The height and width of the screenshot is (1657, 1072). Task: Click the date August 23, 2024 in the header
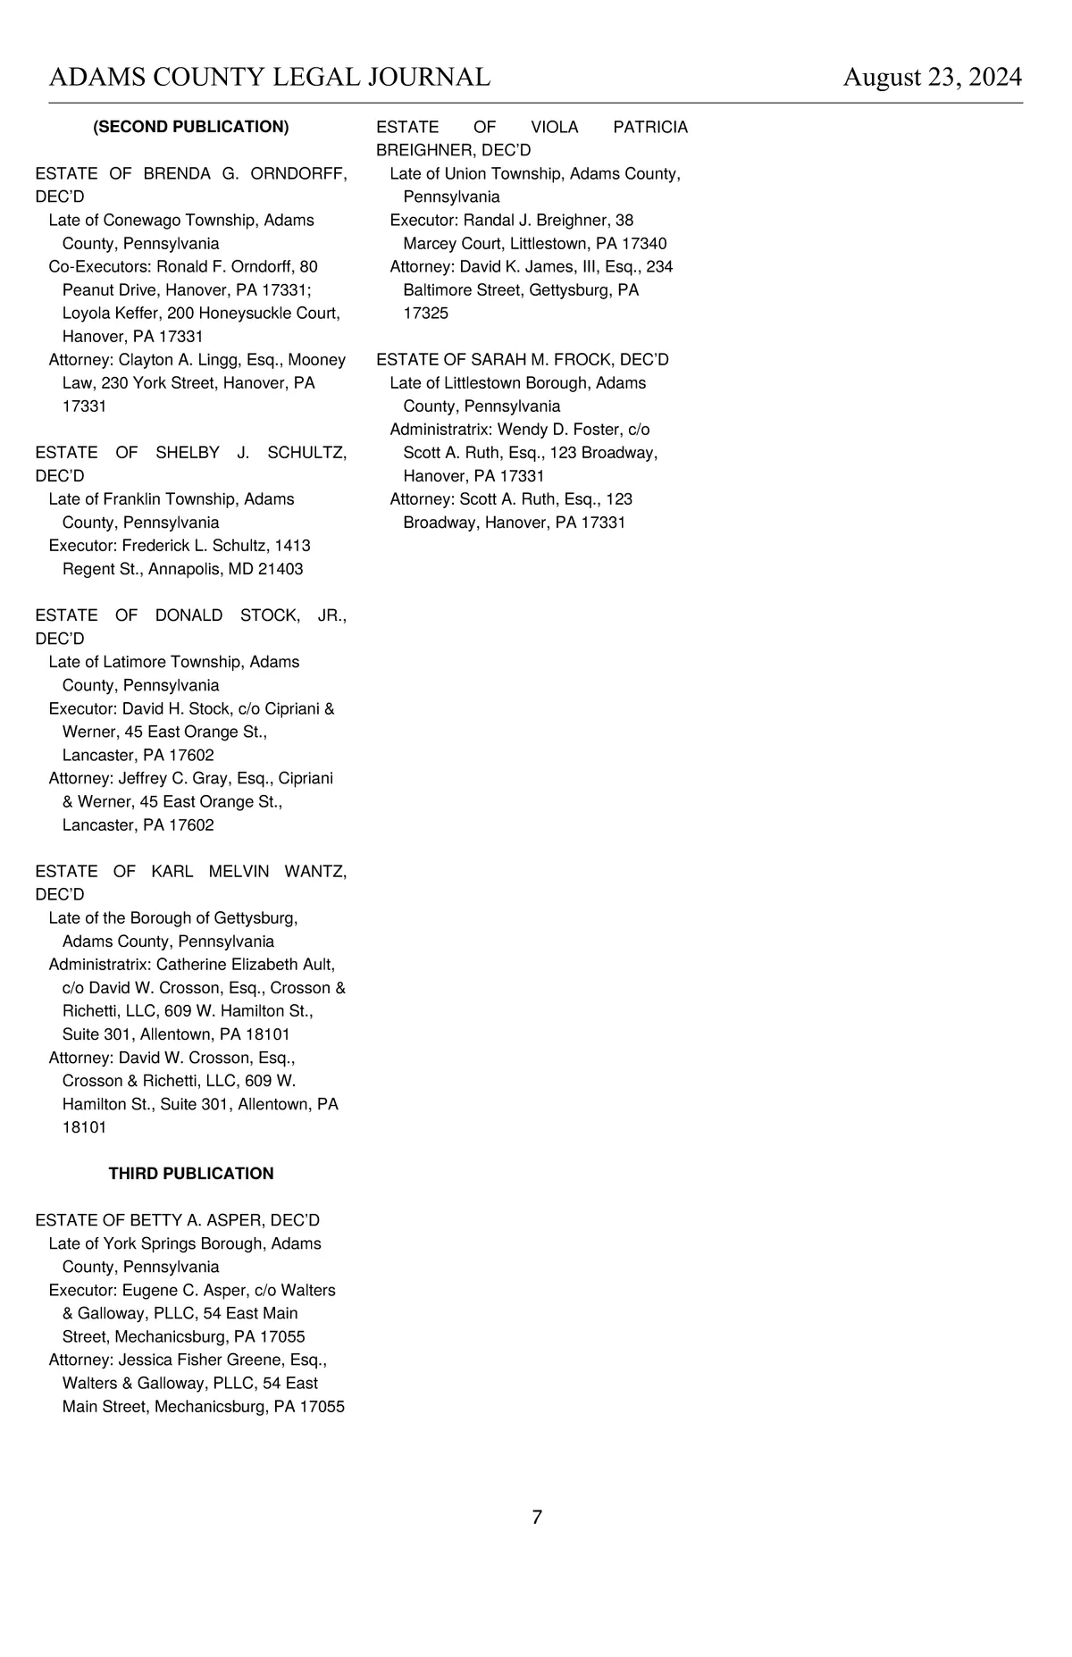tap(932, 78)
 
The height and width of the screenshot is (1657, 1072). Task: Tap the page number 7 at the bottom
tap(537, 1517)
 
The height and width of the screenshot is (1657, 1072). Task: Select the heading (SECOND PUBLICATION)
tap(191, 127)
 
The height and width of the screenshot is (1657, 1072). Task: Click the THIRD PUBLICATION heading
tap(191, 1174)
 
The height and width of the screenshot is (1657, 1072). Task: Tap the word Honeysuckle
tap(241, 314)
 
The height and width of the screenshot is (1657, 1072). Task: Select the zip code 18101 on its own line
tap(84, 1127)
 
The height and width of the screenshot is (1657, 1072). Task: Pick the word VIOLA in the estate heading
tap(554, 127)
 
